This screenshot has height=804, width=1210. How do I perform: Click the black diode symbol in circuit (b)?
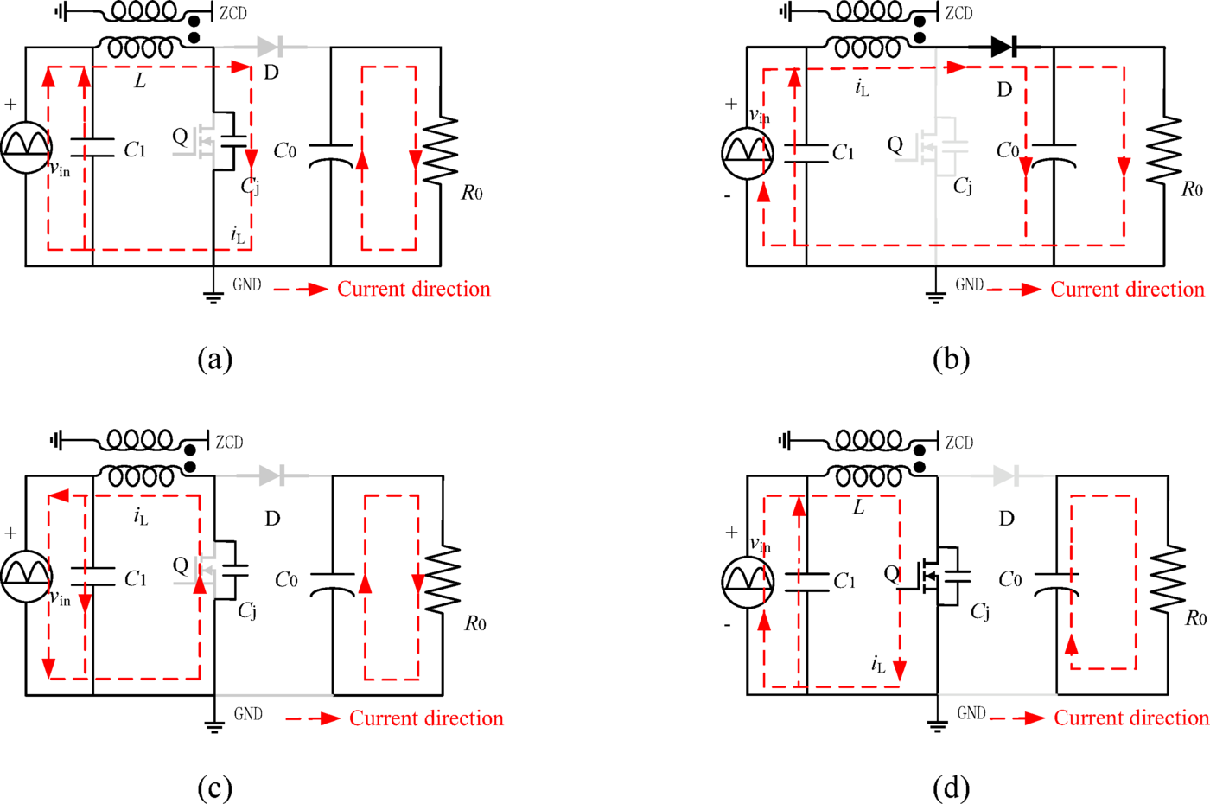1003,46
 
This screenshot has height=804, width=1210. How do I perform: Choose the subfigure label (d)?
951,788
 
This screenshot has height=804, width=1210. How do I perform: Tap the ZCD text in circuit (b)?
958,13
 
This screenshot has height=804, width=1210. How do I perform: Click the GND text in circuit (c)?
248,714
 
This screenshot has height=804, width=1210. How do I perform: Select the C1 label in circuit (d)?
844,581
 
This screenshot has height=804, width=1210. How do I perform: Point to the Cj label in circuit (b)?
963,186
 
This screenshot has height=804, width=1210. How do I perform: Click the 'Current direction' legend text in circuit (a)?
413,289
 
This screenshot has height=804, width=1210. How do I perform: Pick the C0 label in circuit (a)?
285,151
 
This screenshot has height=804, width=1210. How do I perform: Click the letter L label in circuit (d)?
858,507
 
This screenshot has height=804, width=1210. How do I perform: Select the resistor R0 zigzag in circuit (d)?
1168,579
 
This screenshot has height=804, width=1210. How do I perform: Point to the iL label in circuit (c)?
141,516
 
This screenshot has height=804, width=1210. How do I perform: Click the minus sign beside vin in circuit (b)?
727,196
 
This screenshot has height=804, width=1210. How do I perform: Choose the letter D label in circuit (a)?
271,72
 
